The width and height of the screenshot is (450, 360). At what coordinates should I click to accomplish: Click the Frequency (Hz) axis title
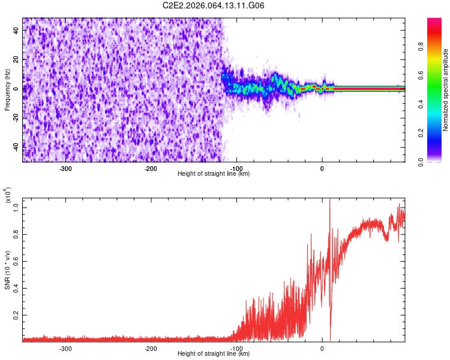point(7,90)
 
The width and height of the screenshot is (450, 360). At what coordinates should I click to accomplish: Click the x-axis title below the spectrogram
point(214,173)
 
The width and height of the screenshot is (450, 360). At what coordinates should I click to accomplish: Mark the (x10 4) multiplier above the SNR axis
point(8,196)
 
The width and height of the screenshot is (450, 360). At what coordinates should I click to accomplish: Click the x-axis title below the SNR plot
point(214,353)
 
